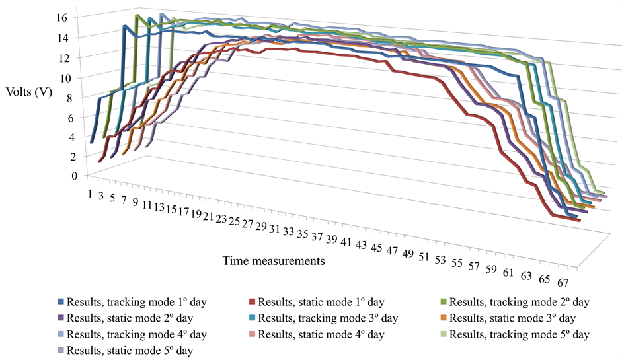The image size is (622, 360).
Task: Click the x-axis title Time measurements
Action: (273, 260)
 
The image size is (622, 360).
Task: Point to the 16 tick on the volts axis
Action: (61, 17)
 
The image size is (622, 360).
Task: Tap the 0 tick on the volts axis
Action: (64, 176)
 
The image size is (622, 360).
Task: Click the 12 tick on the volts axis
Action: (61, 57)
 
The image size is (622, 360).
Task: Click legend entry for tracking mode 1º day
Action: (137, 302)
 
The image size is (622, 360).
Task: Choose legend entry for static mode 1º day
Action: (321, 302)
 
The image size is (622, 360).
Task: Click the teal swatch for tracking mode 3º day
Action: (252, 318)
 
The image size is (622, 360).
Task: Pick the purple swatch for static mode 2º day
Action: (61, 318)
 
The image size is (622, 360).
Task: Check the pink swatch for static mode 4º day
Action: (252, 334)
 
